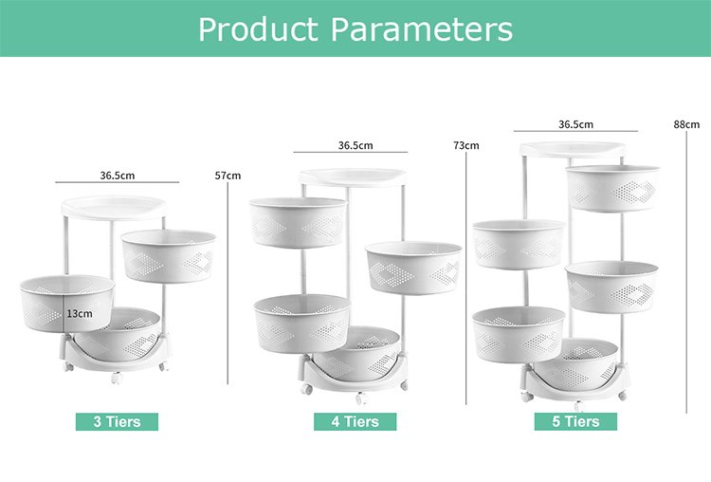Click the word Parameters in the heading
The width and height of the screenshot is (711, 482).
pos(422,30)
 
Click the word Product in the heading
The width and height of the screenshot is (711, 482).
pos(258,30)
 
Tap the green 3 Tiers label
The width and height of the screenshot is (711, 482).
pos(117,421)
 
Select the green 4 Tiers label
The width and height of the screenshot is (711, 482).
pos(355,421)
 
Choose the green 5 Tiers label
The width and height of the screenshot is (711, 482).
pos(575,421)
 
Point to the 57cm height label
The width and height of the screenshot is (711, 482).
pos(228,176)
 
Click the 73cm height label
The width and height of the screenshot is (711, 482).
pos(466,146)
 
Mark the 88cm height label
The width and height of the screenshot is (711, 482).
pos(686,124)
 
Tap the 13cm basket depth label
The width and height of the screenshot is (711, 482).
pos(80,314)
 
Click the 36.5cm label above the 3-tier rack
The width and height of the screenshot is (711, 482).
pos(118,176)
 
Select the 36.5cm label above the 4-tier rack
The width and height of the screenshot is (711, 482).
pos(355,146)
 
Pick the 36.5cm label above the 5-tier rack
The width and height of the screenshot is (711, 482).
pos(575,124)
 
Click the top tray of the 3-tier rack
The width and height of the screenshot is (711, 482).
pos(114,208)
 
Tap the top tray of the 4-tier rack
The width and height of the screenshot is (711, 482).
pos(353,177)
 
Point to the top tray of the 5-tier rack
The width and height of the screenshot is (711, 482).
pos(573,149)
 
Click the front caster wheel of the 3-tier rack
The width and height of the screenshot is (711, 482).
pos(117,378)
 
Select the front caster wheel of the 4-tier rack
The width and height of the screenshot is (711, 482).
pos(361,399)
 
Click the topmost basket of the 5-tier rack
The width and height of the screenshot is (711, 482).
pos(612,189)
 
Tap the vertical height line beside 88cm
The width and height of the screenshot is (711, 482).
pos(686,272)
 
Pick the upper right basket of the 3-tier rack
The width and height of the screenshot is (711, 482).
pos(168,256)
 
